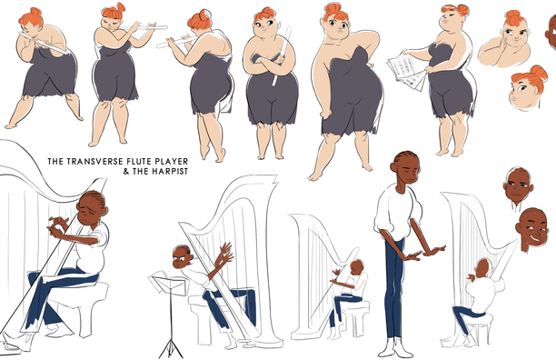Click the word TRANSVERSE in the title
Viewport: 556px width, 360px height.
[92, 162]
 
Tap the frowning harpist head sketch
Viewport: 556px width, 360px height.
[518, 187]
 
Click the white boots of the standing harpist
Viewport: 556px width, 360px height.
[394, 348]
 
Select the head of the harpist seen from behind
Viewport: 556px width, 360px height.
[482, 268]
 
